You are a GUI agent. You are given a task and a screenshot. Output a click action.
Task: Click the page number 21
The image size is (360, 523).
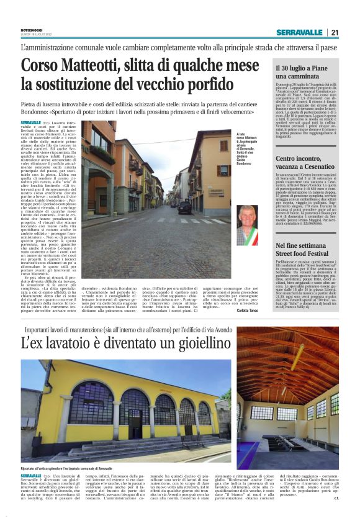coord(335,33)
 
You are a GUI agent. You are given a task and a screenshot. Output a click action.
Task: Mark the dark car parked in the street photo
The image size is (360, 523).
coord(184,207)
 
